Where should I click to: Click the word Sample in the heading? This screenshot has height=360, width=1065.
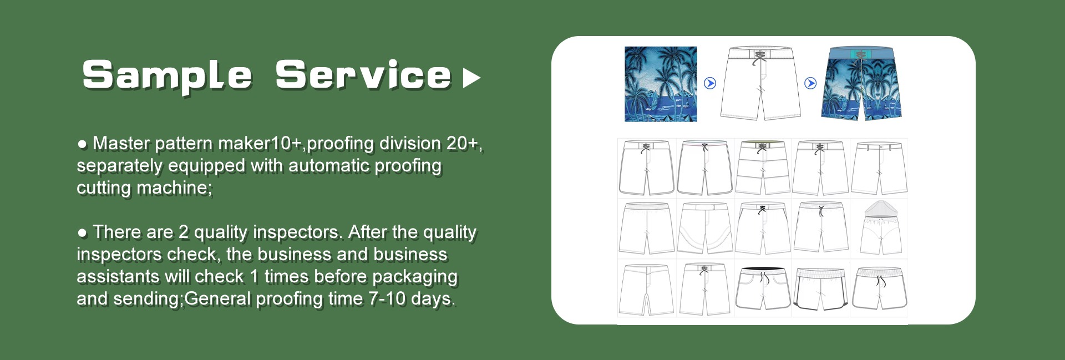167,75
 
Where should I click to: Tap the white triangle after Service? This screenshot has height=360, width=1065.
471,78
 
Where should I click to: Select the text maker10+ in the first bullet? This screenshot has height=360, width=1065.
260,143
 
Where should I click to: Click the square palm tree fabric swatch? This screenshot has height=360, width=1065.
661,84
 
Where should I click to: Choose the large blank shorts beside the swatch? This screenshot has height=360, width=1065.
760,83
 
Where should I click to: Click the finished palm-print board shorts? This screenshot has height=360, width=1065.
861,84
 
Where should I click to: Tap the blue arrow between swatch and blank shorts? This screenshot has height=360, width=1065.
710,83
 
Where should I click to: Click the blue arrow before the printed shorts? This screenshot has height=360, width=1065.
810,83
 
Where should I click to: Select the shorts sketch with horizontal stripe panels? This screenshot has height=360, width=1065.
763,168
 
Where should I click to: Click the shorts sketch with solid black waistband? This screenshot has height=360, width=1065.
763,288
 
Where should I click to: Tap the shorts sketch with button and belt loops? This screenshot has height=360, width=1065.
879,168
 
